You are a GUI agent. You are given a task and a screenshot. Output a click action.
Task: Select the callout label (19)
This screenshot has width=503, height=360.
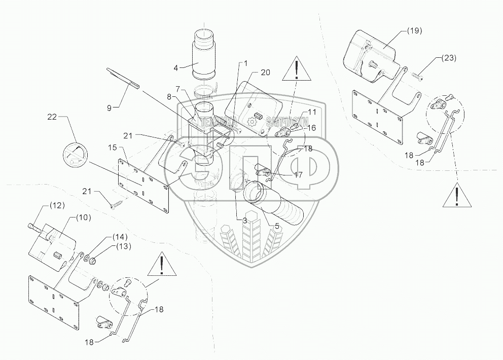[414, 31]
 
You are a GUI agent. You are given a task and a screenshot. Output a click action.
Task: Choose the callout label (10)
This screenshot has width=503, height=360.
[83, 217]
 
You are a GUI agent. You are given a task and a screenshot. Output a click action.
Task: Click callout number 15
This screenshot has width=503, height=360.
[112, 147]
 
